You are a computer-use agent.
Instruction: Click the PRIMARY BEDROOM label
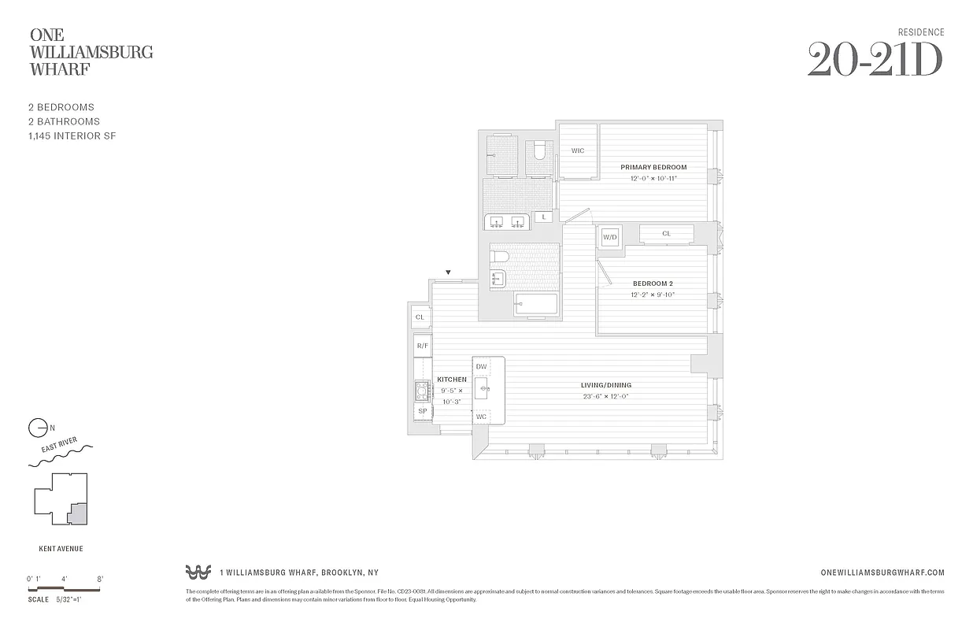[653, 167]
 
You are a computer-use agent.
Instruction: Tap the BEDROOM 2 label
[653, 283]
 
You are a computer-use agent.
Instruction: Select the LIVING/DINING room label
[606, 385]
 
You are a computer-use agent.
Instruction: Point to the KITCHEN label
[452, 380]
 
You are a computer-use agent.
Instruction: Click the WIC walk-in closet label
[578, 150]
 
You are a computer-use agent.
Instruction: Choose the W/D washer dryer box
[610, 237]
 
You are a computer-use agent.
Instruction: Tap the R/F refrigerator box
[422, 346]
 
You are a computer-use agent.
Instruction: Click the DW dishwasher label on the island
[481, 367]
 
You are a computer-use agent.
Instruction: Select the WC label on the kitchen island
[481, 417]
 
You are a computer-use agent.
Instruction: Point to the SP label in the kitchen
[422, 411]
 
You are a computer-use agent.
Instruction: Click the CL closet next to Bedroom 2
[666, 234]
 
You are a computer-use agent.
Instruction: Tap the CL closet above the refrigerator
[420, 317]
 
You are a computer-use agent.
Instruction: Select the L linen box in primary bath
[542, 217]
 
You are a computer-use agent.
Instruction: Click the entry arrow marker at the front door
[449, 272]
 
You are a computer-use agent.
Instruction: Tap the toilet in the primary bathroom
[539, 150]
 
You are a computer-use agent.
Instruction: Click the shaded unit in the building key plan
[76, 513]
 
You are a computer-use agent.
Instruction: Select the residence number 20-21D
[875, 61]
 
